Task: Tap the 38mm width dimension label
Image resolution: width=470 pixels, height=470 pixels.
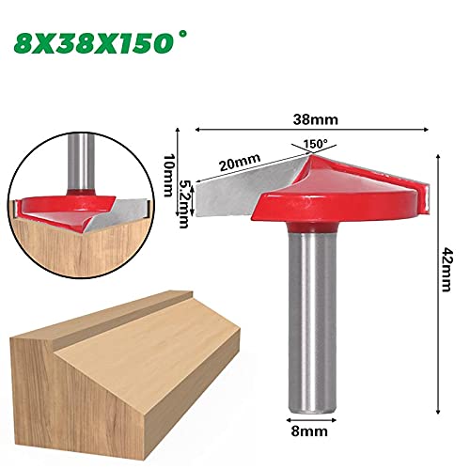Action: tap(316, 119)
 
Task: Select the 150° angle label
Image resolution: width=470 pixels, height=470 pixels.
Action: tap(315, 144)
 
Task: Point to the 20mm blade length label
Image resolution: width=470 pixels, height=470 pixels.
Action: tap(240, 163)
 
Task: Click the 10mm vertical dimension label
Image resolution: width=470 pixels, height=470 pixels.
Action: tap(168, 175)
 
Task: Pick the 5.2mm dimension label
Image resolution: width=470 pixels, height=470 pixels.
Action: tap(183, 204)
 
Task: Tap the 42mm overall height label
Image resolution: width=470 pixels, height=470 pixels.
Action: tap(446, 270)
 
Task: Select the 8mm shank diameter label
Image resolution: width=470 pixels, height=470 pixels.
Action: tap(309, 431)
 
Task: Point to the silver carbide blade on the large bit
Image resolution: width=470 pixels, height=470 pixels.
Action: tap(247, 191)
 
